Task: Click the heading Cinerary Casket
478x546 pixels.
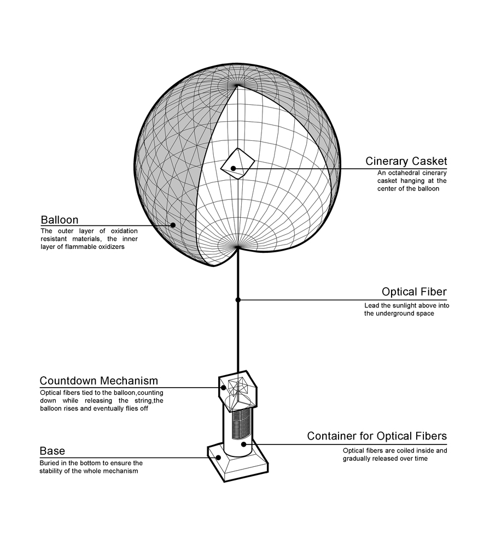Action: pos(406,161)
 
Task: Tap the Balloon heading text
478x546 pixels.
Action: pos(60,220)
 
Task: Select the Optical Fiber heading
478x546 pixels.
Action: pos(414,292)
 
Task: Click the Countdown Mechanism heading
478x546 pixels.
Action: pos(99,381)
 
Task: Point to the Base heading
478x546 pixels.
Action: pos(53,451)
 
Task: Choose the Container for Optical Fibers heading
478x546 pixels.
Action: pos(377,436)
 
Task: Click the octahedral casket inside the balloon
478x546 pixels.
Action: pos(238,163)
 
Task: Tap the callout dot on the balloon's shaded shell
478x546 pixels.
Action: pos(173,224)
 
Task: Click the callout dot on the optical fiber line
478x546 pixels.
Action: pos(238,300)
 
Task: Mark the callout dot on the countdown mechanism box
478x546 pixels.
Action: pos(224,388)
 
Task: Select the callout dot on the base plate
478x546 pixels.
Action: pos(219,458)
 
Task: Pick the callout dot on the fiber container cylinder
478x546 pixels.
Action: pos(243,444)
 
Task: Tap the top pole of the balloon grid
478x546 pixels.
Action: pos(238,85)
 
